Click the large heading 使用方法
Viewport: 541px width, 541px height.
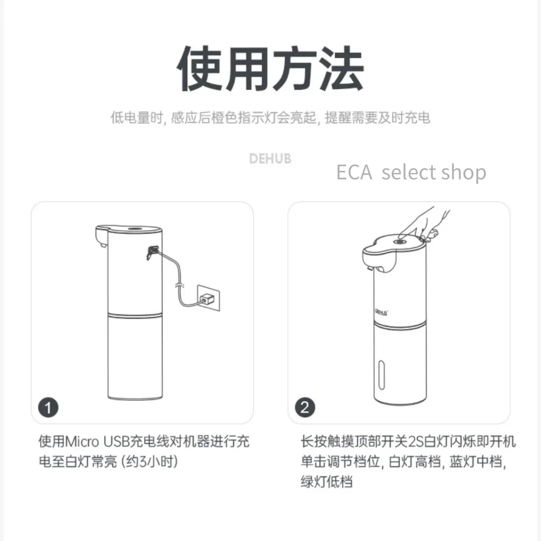[x=270, y=68]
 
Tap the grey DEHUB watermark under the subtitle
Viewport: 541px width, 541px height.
[x=270, y=159]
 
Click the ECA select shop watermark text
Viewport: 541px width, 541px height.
[x=411, y=172]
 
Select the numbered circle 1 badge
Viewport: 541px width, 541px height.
[x=48, y=407]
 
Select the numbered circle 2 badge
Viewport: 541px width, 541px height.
[x=305, y=407]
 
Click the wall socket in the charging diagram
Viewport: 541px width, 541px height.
[x=208, y=298]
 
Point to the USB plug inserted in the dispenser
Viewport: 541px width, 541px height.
[x=152, y=252]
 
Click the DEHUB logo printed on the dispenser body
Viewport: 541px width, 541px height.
[x=381, y=312]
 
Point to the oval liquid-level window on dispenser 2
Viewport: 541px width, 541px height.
[x=382, y=375]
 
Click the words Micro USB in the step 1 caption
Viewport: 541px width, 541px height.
[x=97, y=442]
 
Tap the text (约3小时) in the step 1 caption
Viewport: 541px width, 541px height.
[x=149, y=462]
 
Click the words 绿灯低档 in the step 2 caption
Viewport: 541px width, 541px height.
[x=327, y=482]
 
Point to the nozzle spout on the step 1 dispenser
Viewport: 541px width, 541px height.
[x=101, y=244]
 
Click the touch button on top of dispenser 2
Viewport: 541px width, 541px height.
[x=400, y=242]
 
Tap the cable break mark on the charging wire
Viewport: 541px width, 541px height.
[x=179, y=286]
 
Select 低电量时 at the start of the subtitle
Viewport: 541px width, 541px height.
[x=137, y=118]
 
